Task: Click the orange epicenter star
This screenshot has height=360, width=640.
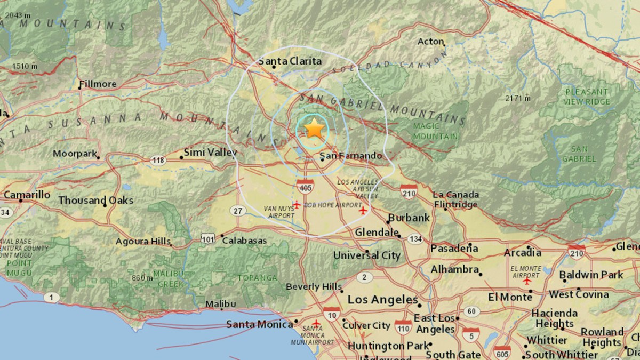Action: coord(315,129)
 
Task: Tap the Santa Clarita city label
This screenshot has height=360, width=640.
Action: coord(290,61)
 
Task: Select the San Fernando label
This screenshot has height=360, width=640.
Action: coord(353,156)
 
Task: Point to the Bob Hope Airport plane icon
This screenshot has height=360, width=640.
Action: coord(364,211)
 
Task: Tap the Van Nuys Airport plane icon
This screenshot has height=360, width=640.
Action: coord(296,204)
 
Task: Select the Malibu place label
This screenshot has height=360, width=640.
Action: coord(221,303)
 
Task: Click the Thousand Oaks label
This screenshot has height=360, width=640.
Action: coord(95,201)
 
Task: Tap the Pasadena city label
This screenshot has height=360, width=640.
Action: coord(454,248)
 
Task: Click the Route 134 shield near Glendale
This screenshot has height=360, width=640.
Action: coord(414,238)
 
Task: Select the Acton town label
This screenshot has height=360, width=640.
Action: coord(431,41)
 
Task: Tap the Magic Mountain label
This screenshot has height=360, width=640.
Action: coord(435,131)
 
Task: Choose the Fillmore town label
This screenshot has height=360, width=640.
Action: coord(97,84)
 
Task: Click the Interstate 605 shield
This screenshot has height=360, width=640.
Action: coord(502,352)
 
